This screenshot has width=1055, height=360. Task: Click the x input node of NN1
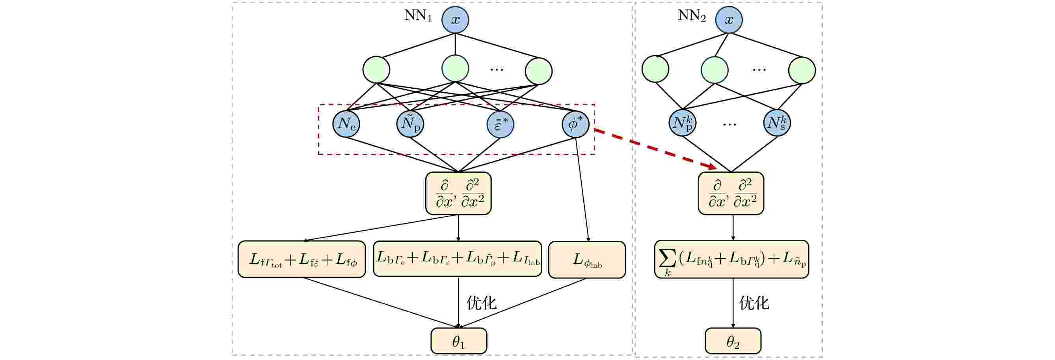click(455, 19)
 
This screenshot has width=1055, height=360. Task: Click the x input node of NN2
click(729, 19)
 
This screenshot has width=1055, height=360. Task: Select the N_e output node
click(346, 123)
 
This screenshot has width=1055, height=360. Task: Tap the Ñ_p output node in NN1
click(410, 123)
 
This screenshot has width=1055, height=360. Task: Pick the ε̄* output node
click(500, 124)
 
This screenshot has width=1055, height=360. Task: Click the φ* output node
click(575, 124)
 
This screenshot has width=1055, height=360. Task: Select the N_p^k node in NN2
click(682, 123)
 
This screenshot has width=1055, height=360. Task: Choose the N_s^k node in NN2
click(777, 123)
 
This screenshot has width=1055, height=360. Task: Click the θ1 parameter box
click(459, 341)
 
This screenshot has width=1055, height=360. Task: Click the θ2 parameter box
click(733, 341)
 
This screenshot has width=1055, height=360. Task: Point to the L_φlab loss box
click(587, 260)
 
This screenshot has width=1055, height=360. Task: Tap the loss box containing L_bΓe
click(458, 259)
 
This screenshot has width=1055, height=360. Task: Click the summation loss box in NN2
click(731, 259)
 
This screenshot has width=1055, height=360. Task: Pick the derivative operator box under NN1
click(458, 193)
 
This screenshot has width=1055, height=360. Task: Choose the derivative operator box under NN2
click(731, 193)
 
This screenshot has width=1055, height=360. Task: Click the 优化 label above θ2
click(754, 303)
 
